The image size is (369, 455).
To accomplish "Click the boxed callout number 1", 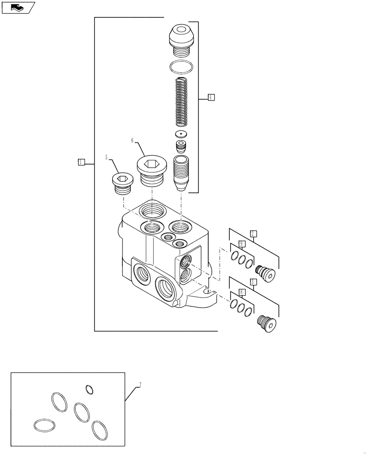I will coord(81,162).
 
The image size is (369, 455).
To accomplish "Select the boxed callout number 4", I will coord(211,97).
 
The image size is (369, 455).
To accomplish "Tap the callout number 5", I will coord(107,157).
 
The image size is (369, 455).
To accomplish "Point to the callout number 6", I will coord(132,141).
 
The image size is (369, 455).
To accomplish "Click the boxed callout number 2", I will coord(254,233).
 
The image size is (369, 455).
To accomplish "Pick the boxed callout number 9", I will coord(242,244).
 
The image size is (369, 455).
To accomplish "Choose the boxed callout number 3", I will coord(254,282).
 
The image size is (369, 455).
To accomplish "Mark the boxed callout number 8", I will coord(242,293).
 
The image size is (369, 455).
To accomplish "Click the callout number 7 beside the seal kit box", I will coord(140,385).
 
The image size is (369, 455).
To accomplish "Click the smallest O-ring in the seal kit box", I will coord(90,389).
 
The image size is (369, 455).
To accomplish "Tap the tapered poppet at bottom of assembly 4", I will coord(181,173).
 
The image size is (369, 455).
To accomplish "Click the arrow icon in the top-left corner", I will coord(18,7).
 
